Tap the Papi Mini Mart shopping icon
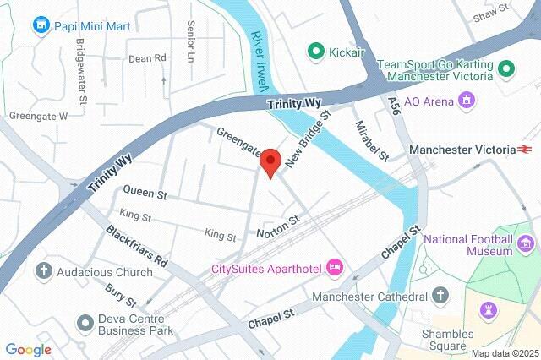[x=41, y=26]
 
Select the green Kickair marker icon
[x=316, y=52]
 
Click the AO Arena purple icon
[x=466, y=101]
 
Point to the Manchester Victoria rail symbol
[x=526, y=150]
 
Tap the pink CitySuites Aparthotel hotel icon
[x=334, y=268]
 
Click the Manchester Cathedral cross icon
[x=440, y=297]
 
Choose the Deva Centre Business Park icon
[x=85, y=322]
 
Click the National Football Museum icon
[x=526, y=245]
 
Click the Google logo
[x=28, y=350]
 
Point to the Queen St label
[x=145, y=194]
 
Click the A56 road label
[x=394, y=105]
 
